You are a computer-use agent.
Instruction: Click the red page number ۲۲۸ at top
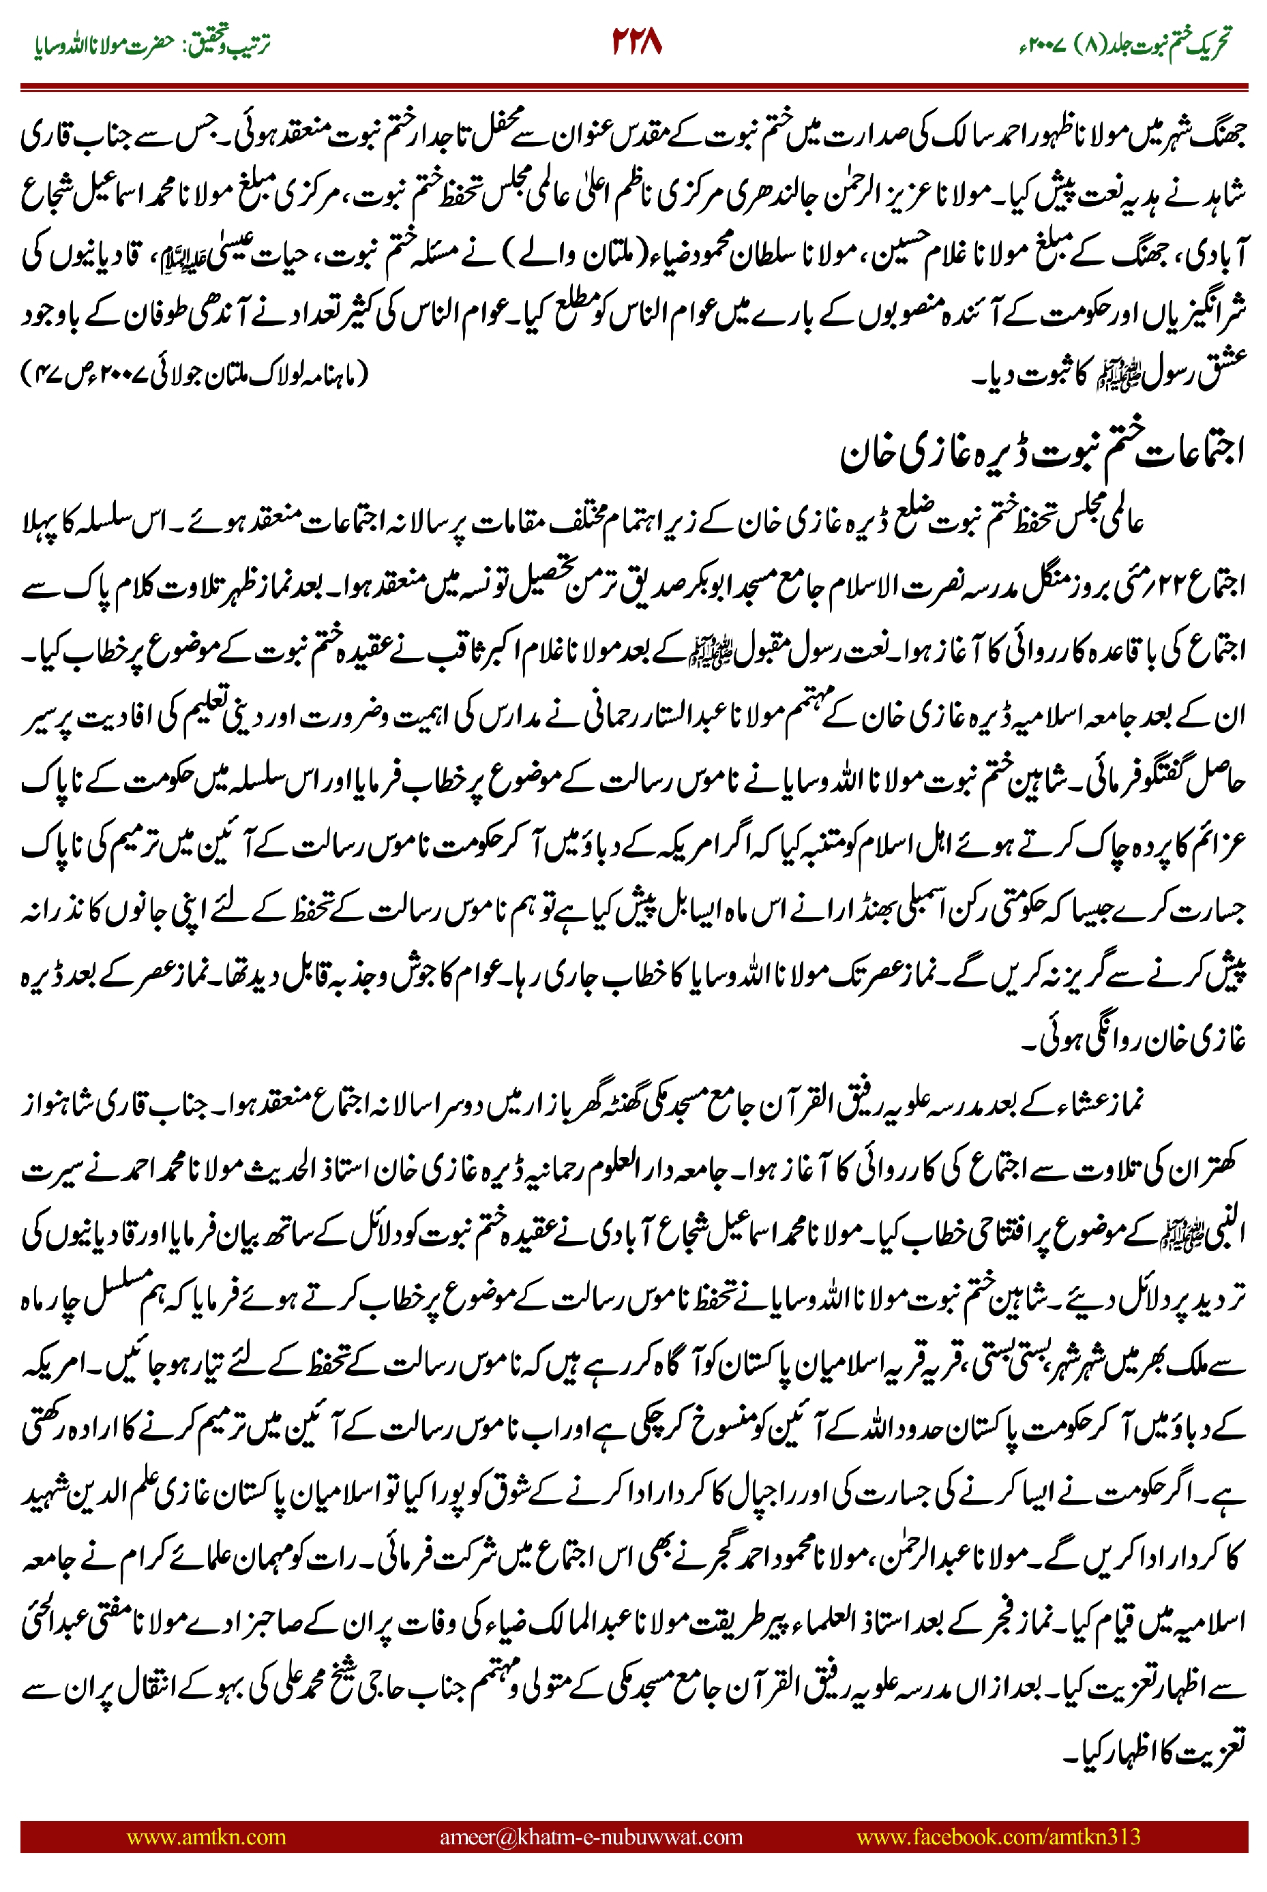click(x=636, y=42)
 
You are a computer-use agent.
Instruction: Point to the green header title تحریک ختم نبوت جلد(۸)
click(x=1148, y=44)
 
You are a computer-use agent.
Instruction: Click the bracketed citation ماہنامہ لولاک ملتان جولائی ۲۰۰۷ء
click(x=194, y=375)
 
